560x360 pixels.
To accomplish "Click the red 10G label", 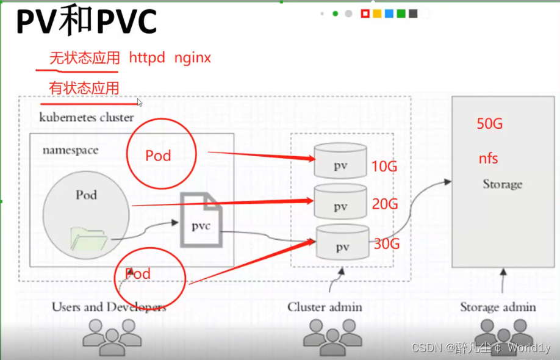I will tap(384, 165).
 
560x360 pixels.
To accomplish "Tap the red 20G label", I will tap(384, 204).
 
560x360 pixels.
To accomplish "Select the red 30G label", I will tap(387, 244).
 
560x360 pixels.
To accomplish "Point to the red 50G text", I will tap(490, 124).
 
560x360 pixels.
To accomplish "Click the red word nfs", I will tap(488, 159).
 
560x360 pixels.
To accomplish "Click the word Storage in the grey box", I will tap(503, 184).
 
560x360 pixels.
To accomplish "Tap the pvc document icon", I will tap(201, 220).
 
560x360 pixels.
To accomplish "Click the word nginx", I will tap(193, 58).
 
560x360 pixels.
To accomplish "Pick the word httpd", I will tap(147, 58).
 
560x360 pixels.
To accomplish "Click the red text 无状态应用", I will tap(84, 59).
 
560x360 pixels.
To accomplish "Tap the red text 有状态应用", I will tap(84, 88).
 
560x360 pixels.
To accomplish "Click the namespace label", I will tap(70, 150).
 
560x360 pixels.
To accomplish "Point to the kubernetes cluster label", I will tap(86, 117).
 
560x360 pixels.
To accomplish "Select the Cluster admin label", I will tap(325, 307).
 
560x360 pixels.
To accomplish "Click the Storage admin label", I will tap(498, 307).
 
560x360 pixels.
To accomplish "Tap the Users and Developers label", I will tap(109, 307).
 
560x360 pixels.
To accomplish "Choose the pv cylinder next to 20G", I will tap(340, 201).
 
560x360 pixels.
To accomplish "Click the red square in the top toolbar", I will tap(365, 13).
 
